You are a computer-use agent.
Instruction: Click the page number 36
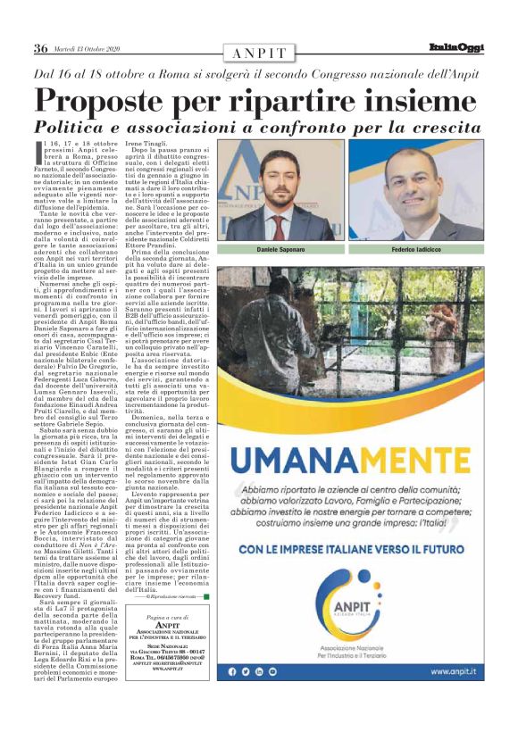coord(40,48)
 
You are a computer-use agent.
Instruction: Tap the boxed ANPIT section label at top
coord(259,54)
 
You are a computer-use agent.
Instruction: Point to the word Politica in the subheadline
coord(72,126)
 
